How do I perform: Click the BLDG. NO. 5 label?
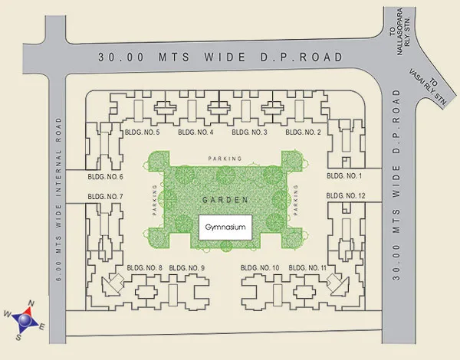pos(141,133)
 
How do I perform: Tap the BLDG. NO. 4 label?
pos(195,133)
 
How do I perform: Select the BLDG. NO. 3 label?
pos(249,133)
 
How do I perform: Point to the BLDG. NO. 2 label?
pos(303,133)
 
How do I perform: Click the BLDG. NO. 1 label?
pos(344,175)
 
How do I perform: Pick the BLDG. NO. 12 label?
pos(346,197)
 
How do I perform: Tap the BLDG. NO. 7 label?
pos(106,197)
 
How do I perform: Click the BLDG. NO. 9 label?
pos(187,267)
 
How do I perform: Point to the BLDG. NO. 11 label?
pos(308,267)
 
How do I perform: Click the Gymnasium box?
pos(226,228)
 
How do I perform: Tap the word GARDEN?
pos(225,200)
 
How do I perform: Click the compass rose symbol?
pos(27,319)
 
